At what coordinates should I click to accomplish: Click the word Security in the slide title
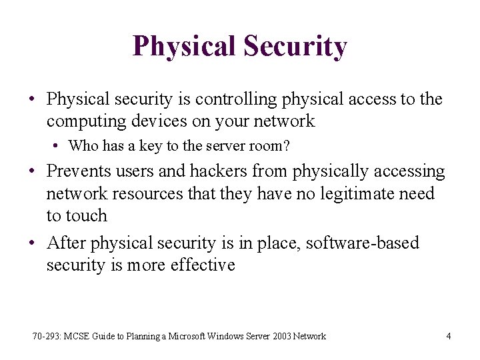tap(295, 47)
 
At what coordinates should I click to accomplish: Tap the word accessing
tap(408, 171)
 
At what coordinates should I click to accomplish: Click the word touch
tap(86, 215)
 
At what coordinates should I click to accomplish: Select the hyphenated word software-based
tap(362, 243)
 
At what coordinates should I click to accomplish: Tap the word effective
tap(203, 265)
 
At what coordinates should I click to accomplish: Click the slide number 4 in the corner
tap(448, 336)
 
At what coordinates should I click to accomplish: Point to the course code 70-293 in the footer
tap(45, 336)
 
